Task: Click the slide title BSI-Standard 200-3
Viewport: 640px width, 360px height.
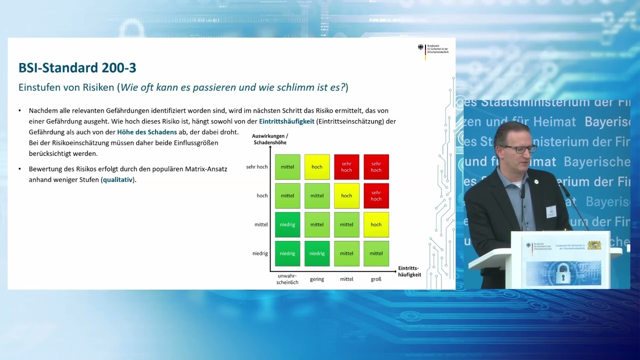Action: tap(77, 68)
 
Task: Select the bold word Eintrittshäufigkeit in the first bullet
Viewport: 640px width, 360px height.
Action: tap(286, 121)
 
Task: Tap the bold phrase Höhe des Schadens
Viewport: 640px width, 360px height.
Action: tap(147, 132)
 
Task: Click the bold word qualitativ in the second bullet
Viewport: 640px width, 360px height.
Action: tap(117, 179)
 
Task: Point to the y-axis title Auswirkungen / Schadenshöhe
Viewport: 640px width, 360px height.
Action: tap(270, 139)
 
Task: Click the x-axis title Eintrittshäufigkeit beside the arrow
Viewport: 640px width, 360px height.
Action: tap(409, 271)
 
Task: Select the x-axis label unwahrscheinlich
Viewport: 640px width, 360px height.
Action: tap(287, 279)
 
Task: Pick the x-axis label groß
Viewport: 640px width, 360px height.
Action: tap(376, 279)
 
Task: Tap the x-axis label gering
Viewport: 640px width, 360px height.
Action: tap(317, 279)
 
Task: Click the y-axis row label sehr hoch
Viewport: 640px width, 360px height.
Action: tap(257, 167)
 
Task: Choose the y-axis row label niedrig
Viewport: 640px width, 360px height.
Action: tap(260, 253)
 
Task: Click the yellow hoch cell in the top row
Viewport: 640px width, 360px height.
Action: tap(317, 167)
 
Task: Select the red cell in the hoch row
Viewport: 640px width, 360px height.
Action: tap(376, 195)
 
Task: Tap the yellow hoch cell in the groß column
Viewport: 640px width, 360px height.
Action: tap(376, 224)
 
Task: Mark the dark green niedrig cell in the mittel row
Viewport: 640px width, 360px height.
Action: tap(287, 224)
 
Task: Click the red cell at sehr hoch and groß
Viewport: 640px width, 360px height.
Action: tap(376, 167)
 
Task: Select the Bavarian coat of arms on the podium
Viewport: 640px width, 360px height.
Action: tap(594, 245)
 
